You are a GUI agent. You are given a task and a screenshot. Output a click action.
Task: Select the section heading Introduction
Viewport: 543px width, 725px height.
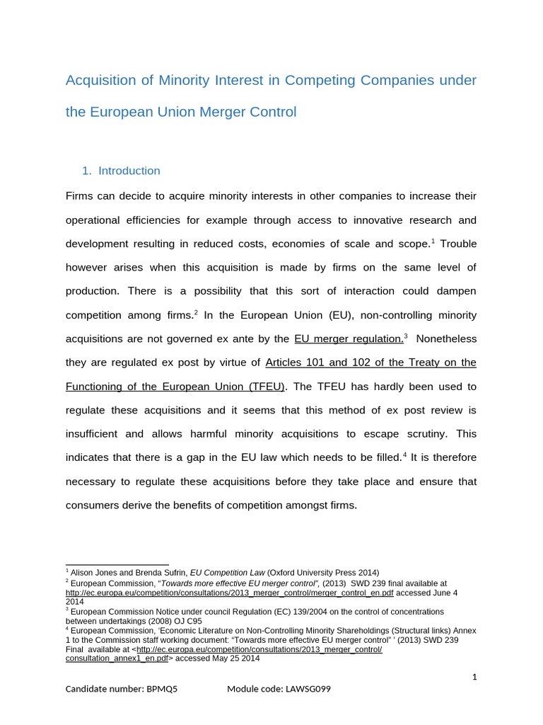tap(129, 171)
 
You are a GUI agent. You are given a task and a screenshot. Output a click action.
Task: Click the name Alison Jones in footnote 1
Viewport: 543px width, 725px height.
tap(95, 572)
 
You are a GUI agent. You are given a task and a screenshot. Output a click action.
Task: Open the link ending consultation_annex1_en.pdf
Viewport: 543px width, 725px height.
tap(117, 658)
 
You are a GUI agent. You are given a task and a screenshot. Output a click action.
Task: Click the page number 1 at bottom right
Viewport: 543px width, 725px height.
tap(474, 677)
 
